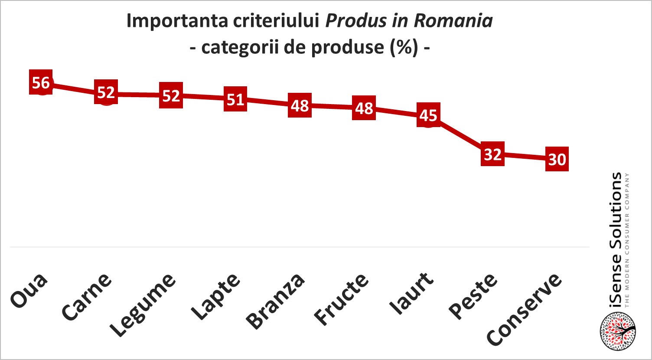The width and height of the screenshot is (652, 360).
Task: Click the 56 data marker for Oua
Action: tap(41, 82)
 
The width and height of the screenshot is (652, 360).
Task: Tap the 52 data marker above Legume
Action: tap(171, 95)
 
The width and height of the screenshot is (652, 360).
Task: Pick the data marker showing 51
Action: tap(235, 99)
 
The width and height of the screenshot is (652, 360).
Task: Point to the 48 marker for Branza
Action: tap(300, 105)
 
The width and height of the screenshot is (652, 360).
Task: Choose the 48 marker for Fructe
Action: tap(364, 108)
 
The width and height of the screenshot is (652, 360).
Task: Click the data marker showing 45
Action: tap(428, 115)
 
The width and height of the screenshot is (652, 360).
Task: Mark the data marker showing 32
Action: tap(492, 154)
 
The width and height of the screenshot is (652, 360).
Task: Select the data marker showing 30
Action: tap(557, 159)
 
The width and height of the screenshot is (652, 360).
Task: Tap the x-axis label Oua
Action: tap(29, 291)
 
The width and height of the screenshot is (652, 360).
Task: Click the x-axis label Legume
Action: tap(143, 306)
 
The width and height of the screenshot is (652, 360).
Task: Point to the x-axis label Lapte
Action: tap(215, 297)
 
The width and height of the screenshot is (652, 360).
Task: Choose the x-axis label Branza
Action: tap(275, 302)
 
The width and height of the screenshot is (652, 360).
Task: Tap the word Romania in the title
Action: tap(453, 21)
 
